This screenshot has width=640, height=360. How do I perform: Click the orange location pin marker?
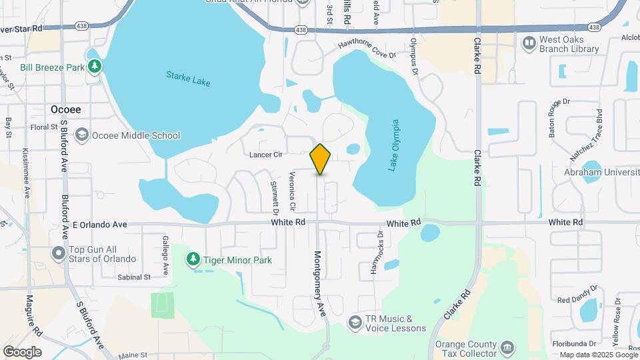(321, 159)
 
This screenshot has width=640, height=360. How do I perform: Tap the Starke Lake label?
(188, 79)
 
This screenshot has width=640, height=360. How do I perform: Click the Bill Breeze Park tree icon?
(95, 67)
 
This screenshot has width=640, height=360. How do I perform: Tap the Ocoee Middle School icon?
(82, 135)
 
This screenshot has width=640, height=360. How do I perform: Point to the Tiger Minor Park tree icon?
(193, 259)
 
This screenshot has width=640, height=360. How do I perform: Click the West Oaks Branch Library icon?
(529, 43)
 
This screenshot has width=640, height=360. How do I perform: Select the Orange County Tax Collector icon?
(507, 348)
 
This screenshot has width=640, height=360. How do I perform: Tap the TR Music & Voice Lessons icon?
(355, 323)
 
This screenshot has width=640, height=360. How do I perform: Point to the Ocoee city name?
(65, 109)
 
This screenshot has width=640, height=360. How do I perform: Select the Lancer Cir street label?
(266, 155)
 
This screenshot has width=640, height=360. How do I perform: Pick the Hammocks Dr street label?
(377, 253)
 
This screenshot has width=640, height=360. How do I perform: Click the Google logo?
(22, 351)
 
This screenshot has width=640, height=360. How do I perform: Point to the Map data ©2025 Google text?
(597, 355)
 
